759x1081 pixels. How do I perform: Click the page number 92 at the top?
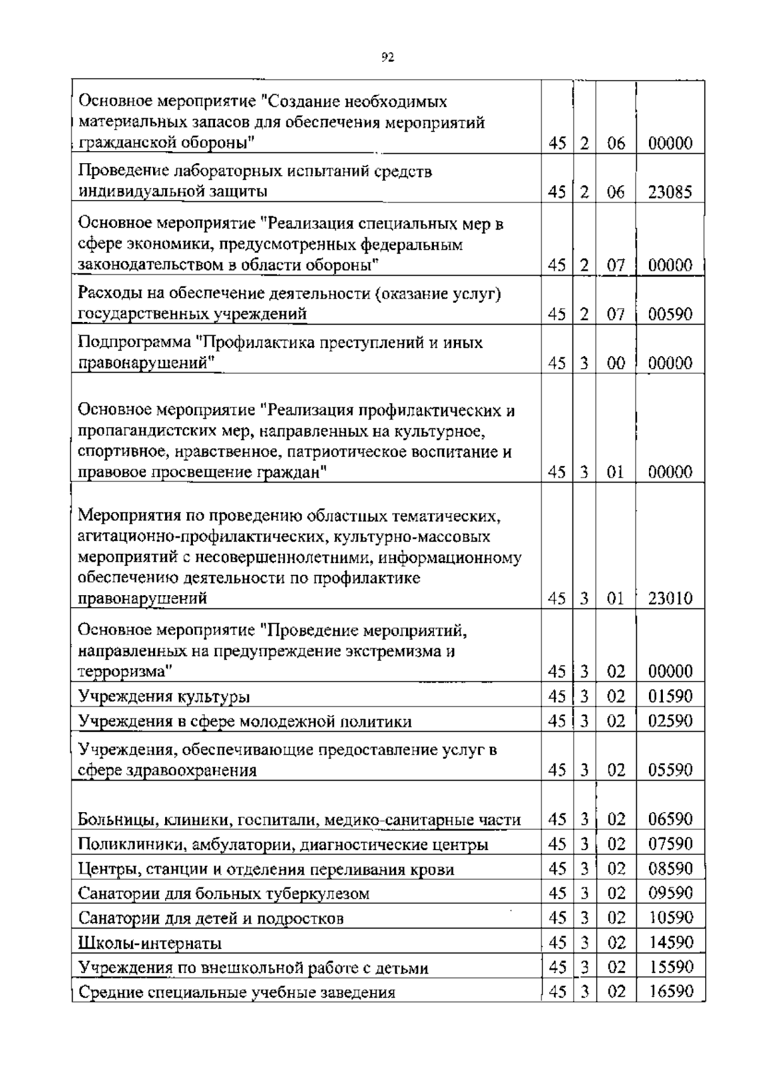coord(388,58)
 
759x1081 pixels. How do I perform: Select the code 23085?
coord(670,192)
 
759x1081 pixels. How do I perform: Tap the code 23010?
coord(670,598)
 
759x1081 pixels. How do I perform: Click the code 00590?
coord(670,314)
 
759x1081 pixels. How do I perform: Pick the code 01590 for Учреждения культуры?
coord(670,696)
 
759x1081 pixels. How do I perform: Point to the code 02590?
coord(670,721)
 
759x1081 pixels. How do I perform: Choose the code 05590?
coord(670,770)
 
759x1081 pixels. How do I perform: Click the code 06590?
coord(670,819)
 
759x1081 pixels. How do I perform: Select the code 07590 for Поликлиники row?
coord(670,844)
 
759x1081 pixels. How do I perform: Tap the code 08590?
coord(670,868)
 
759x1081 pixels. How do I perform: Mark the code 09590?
coord(670,893)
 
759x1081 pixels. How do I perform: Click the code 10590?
coord(670,918)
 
